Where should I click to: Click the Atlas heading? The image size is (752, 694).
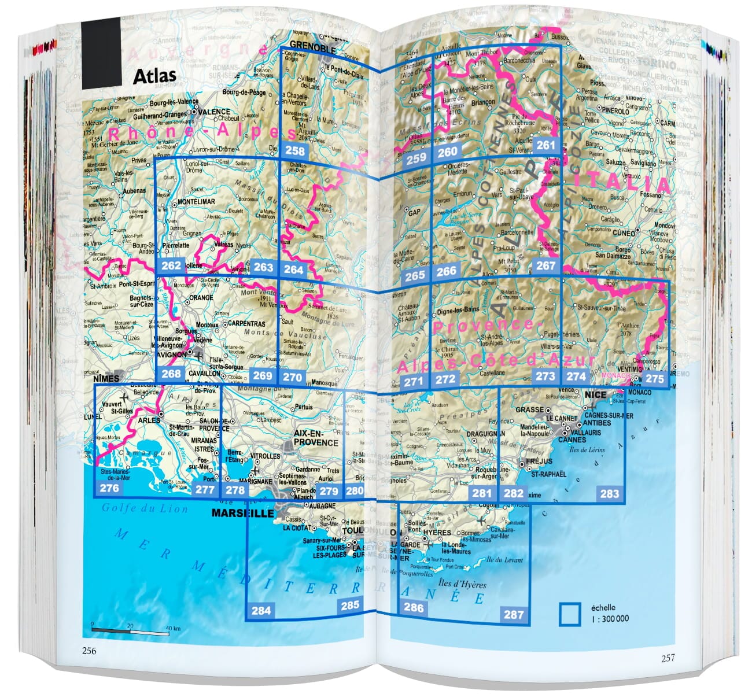click(154, 76)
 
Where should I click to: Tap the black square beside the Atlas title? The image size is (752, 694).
click(101, 53)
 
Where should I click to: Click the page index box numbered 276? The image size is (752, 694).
click(109, 488)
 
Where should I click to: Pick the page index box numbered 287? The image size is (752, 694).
click(513, 614)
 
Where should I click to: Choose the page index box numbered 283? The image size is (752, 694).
click(609, 493)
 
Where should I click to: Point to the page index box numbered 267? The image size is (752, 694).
click(545, 265)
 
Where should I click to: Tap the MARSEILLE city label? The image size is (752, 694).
click(242, 513)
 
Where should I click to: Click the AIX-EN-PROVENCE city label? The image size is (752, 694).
click(316, 438)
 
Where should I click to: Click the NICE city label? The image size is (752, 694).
click(595, 394)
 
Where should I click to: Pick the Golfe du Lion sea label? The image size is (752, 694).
click(145, 508)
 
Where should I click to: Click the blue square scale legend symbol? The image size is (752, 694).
click(570, 614)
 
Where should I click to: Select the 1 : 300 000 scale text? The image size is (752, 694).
click(610, 618)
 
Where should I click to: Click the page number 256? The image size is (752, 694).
click(89, 651)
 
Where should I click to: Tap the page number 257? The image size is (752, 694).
click(668, 658)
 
